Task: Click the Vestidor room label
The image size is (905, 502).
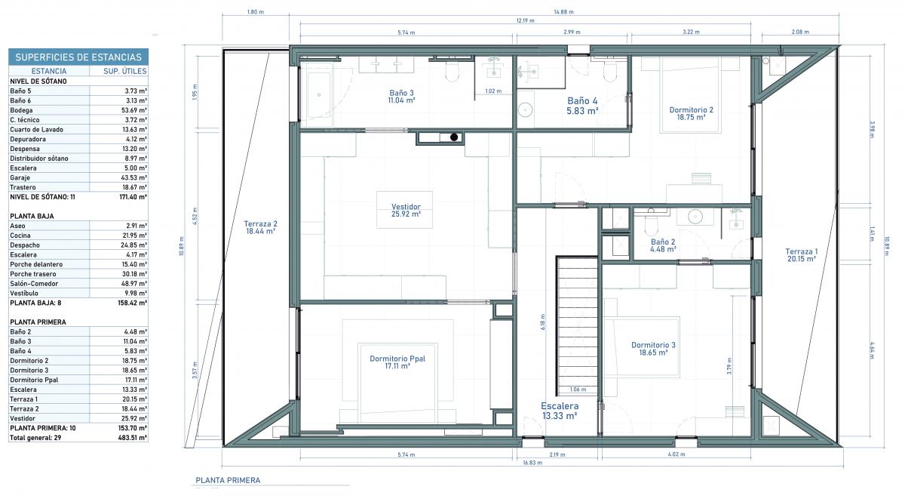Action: tap(406, 211)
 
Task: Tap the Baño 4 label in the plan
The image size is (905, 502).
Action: tap(582, 106)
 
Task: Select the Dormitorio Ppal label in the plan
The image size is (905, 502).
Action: tap(397, 362)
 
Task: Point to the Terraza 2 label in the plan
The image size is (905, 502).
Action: tap(261, 227)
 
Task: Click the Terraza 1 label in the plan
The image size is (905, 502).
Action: tap(802, 255)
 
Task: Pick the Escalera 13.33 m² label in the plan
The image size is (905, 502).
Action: tap(560, 411)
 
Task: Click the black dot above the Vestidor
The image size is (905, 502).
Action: tap(454, 137)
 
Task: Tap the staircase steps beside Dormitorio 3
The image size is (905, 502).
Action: tap(578, 325)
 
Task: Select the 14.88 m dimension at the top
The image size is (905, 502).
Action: tap(563, 12)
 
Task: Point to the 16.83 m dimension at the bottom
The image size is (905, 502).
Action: tap(532, 462)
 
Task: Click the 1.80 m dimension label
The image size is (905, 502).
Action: tap(256, 12)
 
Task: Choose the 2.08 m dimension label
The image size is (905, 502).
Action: tap(800, 32)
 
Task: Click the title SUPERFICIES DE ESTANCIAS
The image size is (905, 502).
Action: tap(78, 57)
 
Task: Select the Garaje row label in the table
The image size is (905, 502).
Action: tap(20, 177)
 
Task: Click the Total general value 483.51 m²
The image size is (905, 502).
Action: tap(133, 438)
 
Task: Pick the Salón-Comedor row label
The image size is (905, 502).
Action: tap(34, 284)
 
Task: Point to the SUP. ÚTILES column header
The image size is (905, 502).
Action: tap(125, 71)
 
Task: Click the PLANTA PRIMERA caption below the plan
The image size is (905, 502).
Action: tap(228, 480)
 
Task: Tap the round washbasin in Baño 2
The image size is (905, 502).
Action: tap(695, 217)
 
